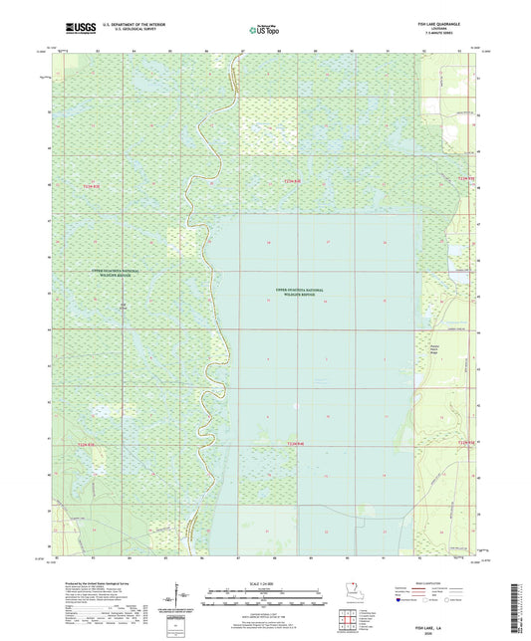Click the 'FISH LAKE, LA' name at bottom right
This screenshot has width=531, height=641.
click(452, 600)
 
